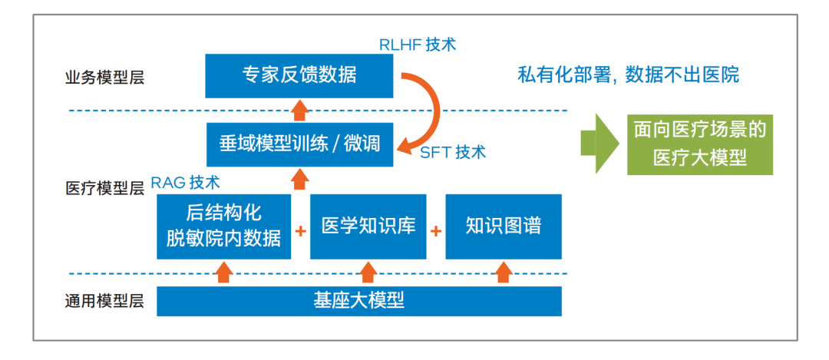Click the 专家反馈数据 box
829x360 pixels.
[x=299, y=75]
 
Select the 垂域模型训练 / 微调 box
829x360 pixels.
[x=299, y=144]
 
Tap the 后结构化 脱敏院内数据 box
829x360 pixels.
[x=223, y=226]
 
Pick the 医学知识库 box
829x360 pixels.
[x=368, y=226]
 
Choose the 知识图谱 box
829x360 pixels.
[x=504, y=226]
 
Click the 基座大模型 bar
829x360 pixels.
[x=359, y=302]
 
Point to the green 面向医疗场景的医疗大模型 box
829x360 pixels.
[x=699, y=144]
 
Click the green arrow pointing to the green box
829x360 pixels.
[x=599, y=144]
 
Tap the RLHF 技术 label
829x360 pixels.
[x=417, y=45]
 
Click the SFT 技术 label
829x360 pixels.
[x=453, y=152]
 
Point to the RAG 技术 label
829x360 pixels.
[x=186, y=183]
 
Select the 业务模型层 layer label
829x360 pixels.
[x=104, y=78]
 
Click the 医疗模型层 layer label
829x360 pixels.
[x=104, y=187]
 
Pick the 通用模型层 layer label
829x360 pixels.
[x=104, y=302]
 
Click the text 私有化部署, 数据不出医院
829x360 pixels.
[x=628, y=75]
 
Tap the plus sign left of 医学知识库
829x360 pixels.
[x=300, y=231]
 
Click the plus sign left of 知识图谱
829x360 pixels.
[x=436, y=231]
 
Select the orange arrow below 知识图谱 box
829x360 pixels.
[x=504, y=272]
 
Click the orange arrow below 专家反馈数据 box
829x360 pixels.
[x=300, y=111]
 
